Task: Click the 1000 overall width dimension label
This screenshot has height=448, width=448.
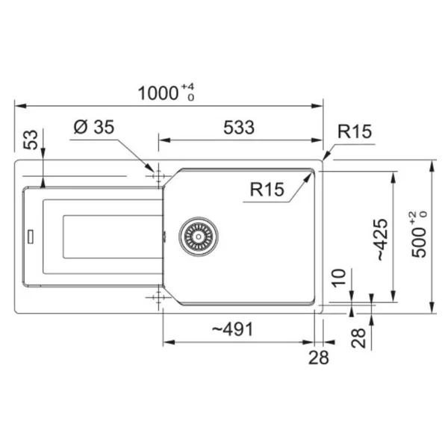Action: tap(158, 93)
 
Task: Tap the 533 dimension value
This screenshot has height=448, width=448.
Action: tap(239, 128)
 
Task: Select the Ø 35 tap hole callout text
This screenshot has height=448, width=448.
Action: tap(94, 127)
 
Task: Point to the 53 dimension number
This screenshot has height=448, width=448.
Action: tap(31, 140)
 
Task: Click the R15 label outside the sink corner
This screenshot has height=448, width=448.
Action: tap(355, 131)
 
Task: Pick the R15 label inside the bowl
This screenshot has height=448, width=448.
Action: tap(267, 189)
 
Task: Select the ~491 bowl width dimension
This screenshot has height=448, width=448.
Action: tap(232, 329)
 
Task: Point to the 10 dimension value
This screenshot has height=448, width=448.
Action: tap(339, 278)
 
